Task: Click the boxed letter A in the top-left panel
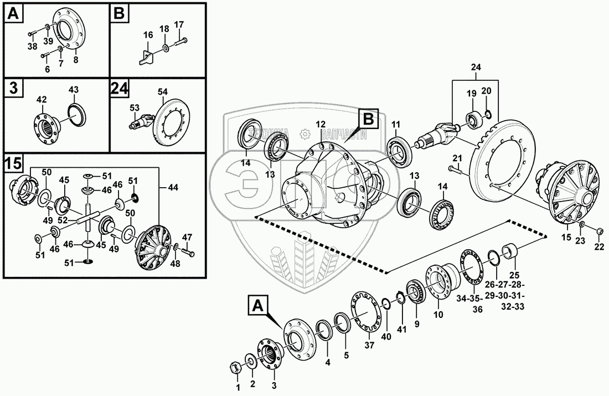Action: click(15, 14)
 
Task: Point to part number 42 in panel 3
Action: click(42, 99)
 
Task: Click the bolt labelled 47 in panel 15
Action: click(188, 253)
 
